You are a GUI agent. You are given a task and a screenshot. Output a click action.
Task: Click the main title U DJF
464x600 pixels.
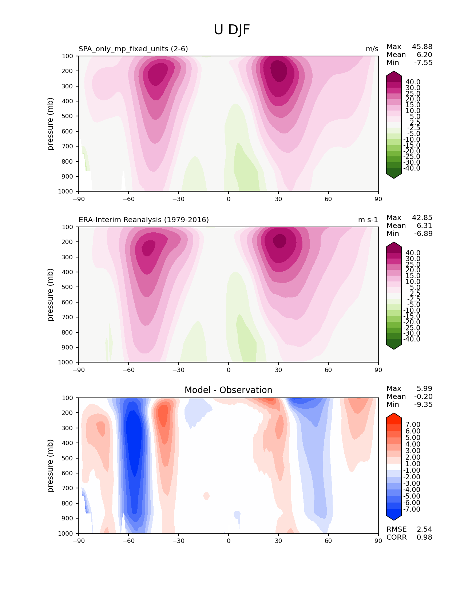point(232,30)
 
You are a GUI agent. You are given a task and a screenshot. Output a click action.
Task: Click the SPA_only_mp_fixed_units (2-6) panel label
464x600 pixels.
point(133,49)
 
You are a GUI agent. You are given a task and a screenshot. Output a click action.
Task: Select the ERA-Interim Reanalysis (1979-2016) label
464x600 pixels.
point(144,220)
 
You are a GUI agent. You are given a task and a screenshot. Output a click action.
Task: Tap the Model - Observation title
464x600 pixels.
point(228,390)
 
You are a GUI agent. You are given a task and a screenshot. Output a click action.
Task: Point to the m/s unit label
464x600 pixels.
point(372,49)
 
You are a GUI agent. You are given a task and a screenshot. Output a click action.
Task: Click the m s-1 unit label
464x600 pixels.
point(368,220)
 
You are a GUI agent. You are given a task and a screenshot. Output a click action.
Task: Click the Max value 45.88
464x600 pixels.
point(422,47)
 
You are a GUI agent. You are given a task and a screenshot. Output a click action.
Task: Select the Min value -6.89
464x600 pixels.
point(423,233)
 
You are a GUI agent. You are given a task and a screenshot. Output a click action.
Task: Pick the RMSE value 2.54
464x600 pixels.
point(424,529)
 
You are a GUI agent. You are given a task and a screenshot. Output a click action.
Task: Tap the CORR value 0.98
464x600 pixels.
point(424,537)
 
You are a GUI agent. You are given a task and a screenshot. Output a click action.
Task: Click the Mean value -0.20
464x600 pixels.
point(423,396)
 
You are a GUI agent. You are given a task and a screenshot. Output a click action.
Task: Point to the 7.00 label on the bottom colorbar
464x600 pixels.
point(413,424)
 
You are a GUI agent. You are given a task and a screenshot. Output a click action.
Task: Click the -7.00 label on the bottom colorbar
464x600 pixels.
point(412,509)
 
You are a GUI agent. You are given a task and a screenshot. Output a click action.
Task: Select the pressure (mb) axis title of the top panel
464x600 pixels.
point(51,124)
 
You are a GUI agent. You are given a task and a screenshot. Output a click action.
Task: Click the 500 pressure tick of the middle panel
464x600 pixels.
point(68,287)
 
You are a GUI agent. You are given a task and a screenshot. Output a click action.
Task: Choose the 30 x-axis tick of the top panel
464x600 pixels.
point(278,199)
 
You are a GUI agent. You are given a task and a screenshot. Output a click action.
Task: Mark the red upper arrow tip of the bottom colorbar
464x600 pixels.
point(394,415)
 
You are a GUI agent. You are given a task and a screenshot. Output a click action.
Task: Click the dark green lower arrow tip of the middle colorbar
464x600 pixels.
point(394,347)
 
